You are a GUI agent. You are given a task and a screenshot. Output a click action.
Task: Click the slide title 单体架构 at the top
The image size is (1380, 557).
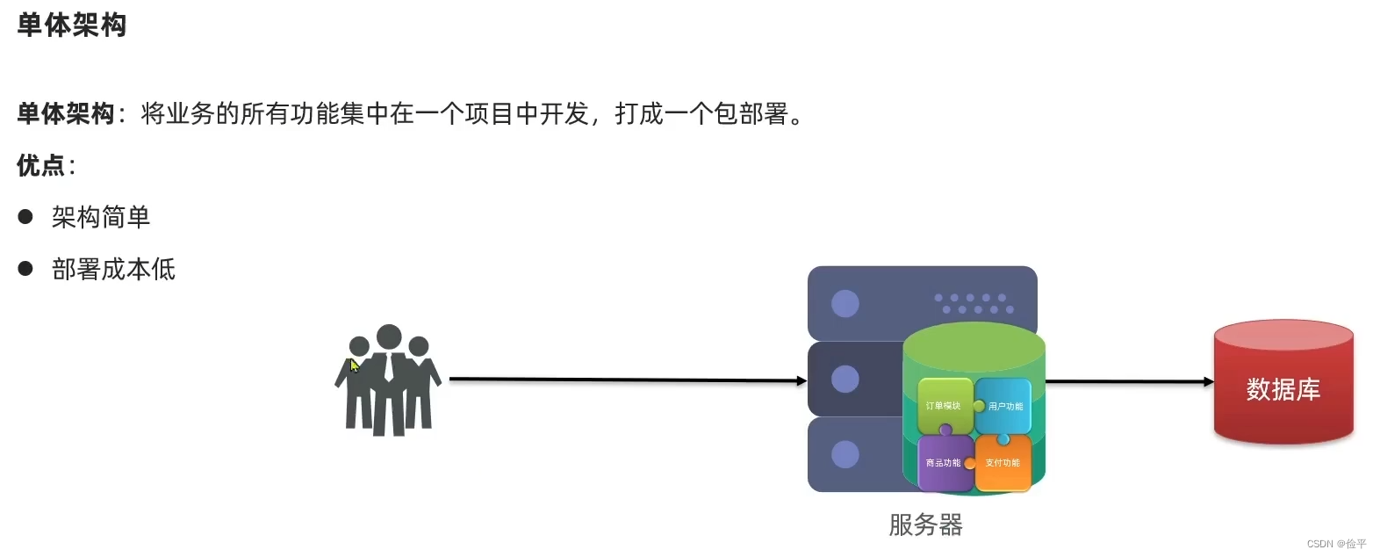tap(72, 25)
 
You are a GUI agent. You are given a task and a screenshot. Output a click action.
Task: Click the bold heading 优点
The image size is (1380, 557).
tap(41, 165)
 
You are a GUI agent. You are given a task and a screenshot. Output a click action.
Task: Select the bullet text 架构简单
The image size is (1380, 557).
tap(101, 217)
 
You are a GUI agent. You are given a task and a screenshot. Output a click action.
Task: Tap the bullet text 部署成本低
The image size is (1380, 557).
tap(113, 269)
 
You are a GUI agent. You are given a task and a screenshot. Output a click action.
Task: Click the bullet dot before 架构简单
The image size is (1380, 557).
tap(25, 217)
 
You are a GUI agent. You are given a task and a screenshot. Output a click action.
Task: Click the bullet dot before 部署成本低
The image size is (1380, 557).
tap(25, 269)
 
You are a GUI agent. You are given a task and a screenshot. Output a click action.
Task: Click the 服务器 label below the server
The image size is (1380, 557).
tap(925, 524)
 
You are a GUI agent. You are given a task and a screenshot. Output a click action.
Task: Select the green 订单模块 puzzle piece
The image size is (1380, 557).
tap(943, 405)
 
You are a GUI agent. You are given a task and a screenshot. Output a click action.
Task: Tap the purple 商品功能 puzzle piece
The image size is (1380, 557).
tap(943, 463)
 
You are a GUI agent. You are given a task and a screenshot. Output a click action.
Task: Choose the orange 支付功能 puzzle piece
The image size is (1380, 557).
tap(1003, 463)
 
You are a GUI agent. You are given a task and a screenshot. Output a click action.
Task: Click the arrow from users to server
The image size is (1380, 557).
tap(627, 380)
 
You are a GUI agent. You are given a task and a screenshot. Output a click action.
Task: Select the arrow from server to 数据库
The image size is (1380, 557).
tap(1129, 381)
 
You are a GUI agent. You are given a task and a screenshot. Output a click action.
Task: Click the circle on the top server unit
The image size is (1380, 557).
tap(845, 304)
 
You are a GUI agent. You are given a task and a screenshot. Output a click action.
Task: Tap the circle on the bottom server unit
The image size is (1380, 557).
tap(845, 454)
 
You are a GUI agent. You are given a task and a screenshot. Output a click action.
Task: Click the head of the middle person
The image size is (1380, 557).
tap(389, 336)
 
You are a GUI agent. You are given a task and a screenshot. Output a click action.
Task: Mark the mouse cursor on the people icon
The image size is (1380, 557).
tap(354, 365)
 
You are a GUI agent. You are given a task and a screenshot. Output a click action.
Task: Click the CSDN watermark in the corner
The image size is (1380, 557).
tap(1336, 544)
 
